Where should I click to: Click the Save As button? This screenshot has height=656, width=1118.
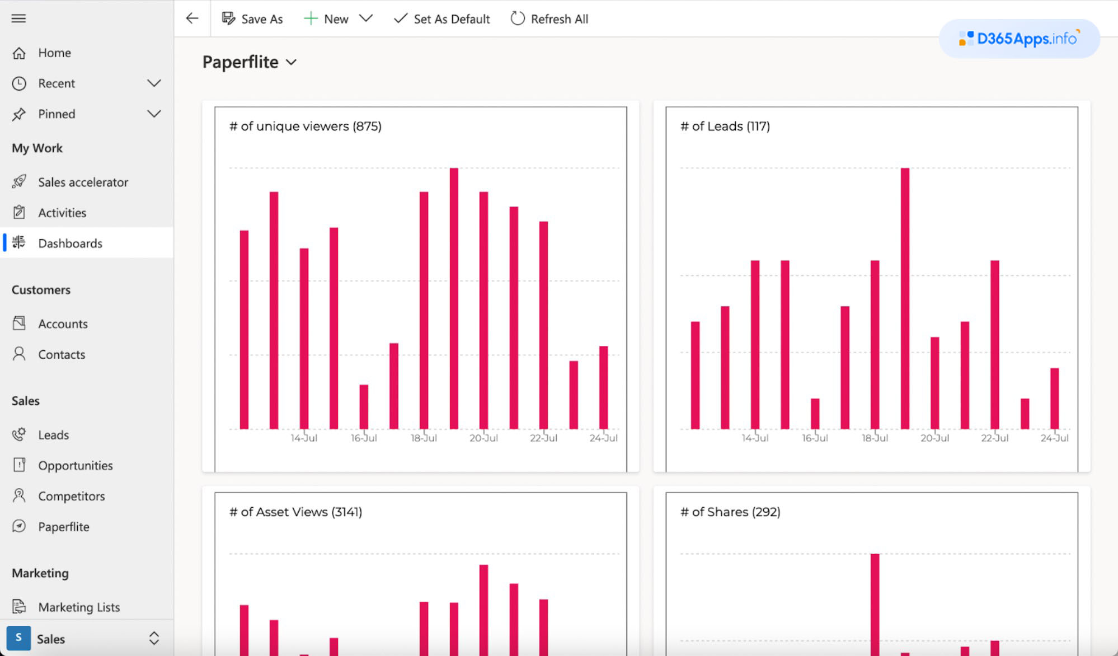point(252,19)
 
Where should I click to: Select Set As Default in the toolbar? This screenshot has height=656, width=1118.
point(441,19)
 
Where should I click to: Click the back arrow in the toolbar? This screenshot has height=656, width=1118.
point(192,18)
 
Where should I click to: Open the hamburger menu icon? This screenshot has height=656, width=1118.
point(18,18)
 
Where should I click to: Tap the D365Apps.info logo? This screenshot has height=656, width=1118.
point(1019,39)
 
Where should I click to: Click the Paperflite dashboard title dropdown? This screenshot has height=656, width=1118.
point(250,62)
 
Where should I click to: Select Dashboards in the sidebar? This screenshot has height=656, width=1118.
point(70,243)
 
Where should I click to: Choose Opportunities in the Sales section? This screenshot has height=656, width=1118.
point(75,465)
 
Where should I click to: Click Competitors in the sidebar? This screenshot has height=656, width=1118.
point(71,496)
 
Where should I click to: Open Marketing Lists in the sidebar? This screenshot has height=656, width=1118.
point(78,607)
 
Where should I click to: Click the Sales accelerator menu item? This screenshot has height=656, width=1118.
point(83,182)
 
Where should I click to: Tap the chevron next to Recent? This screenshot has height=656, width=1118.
point(154,83)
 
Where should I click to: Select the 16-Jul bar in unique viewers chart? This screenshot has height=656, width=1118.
point(364,406)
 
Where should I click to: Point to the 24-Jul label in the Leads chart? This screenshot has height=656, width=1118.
point(1054,438)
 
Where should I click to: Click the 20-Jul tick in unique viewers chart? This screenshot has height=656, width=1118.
point(483,438)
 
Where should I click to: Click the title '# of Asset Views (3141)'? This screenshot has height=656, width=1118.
point(295,512)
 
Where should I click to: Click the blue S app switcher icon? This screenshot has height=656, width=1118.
point(18,638)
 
